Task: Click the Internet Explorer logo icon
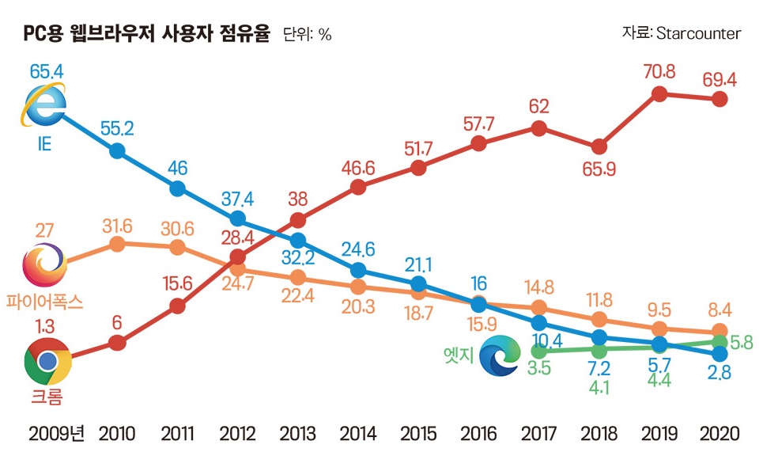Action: [x=43, y=104]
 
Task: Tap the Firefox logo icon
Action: [x=45, y=265]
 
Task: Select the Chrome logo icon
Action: [x=47, y=361]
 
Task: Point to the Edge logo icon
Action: [x=500, y=355]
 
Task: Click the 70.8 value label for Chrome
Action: [x=659, y=71]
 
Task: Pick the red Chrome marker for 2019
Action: [x=659, y=93]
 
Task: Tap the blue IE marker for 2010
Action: [x=117, y=150]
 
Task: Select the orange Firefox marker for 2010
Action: [x=117, y=244]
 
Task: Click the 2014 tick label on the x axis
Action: [x=358, y=433]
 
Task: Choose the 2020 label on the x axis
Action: [x=720, y=433]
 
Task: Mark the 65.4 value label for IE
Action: [x=47, y=71]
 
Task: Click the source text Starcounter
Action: [x=699, y=33]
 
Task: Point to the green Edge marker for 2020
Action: [x=720, y=342]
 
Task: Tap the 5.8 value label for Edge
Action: [x=742, y=343]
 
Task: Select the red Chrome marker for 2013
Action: [x=298, y=220]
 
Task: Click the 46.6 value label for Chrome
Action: [x=358, y=168]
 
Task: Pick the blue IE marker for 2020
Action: [x=720, y=354]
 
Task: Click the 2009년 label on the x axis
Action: [x=56, y=433]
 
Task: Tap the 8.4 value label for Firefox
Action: [x=720, y=310]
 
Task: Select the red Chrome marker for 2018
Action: [x=599, y=146]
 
